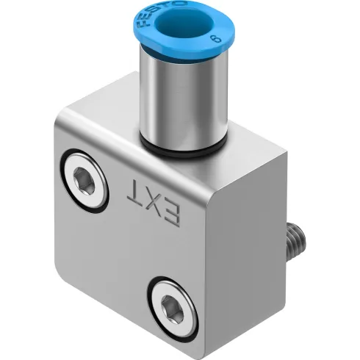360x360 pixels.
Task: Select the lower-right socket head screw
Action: [173, 302]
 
